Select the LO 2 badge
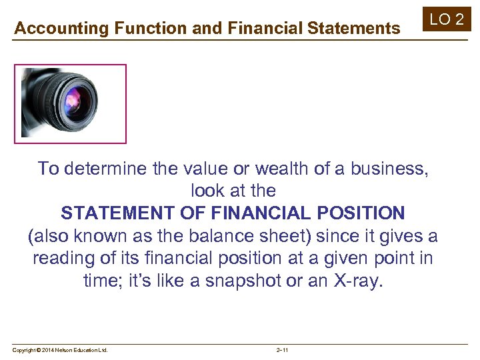pos(446,19)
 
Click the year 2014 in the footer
pos(47,350)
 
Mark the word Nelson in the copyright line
pos(63,350)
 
